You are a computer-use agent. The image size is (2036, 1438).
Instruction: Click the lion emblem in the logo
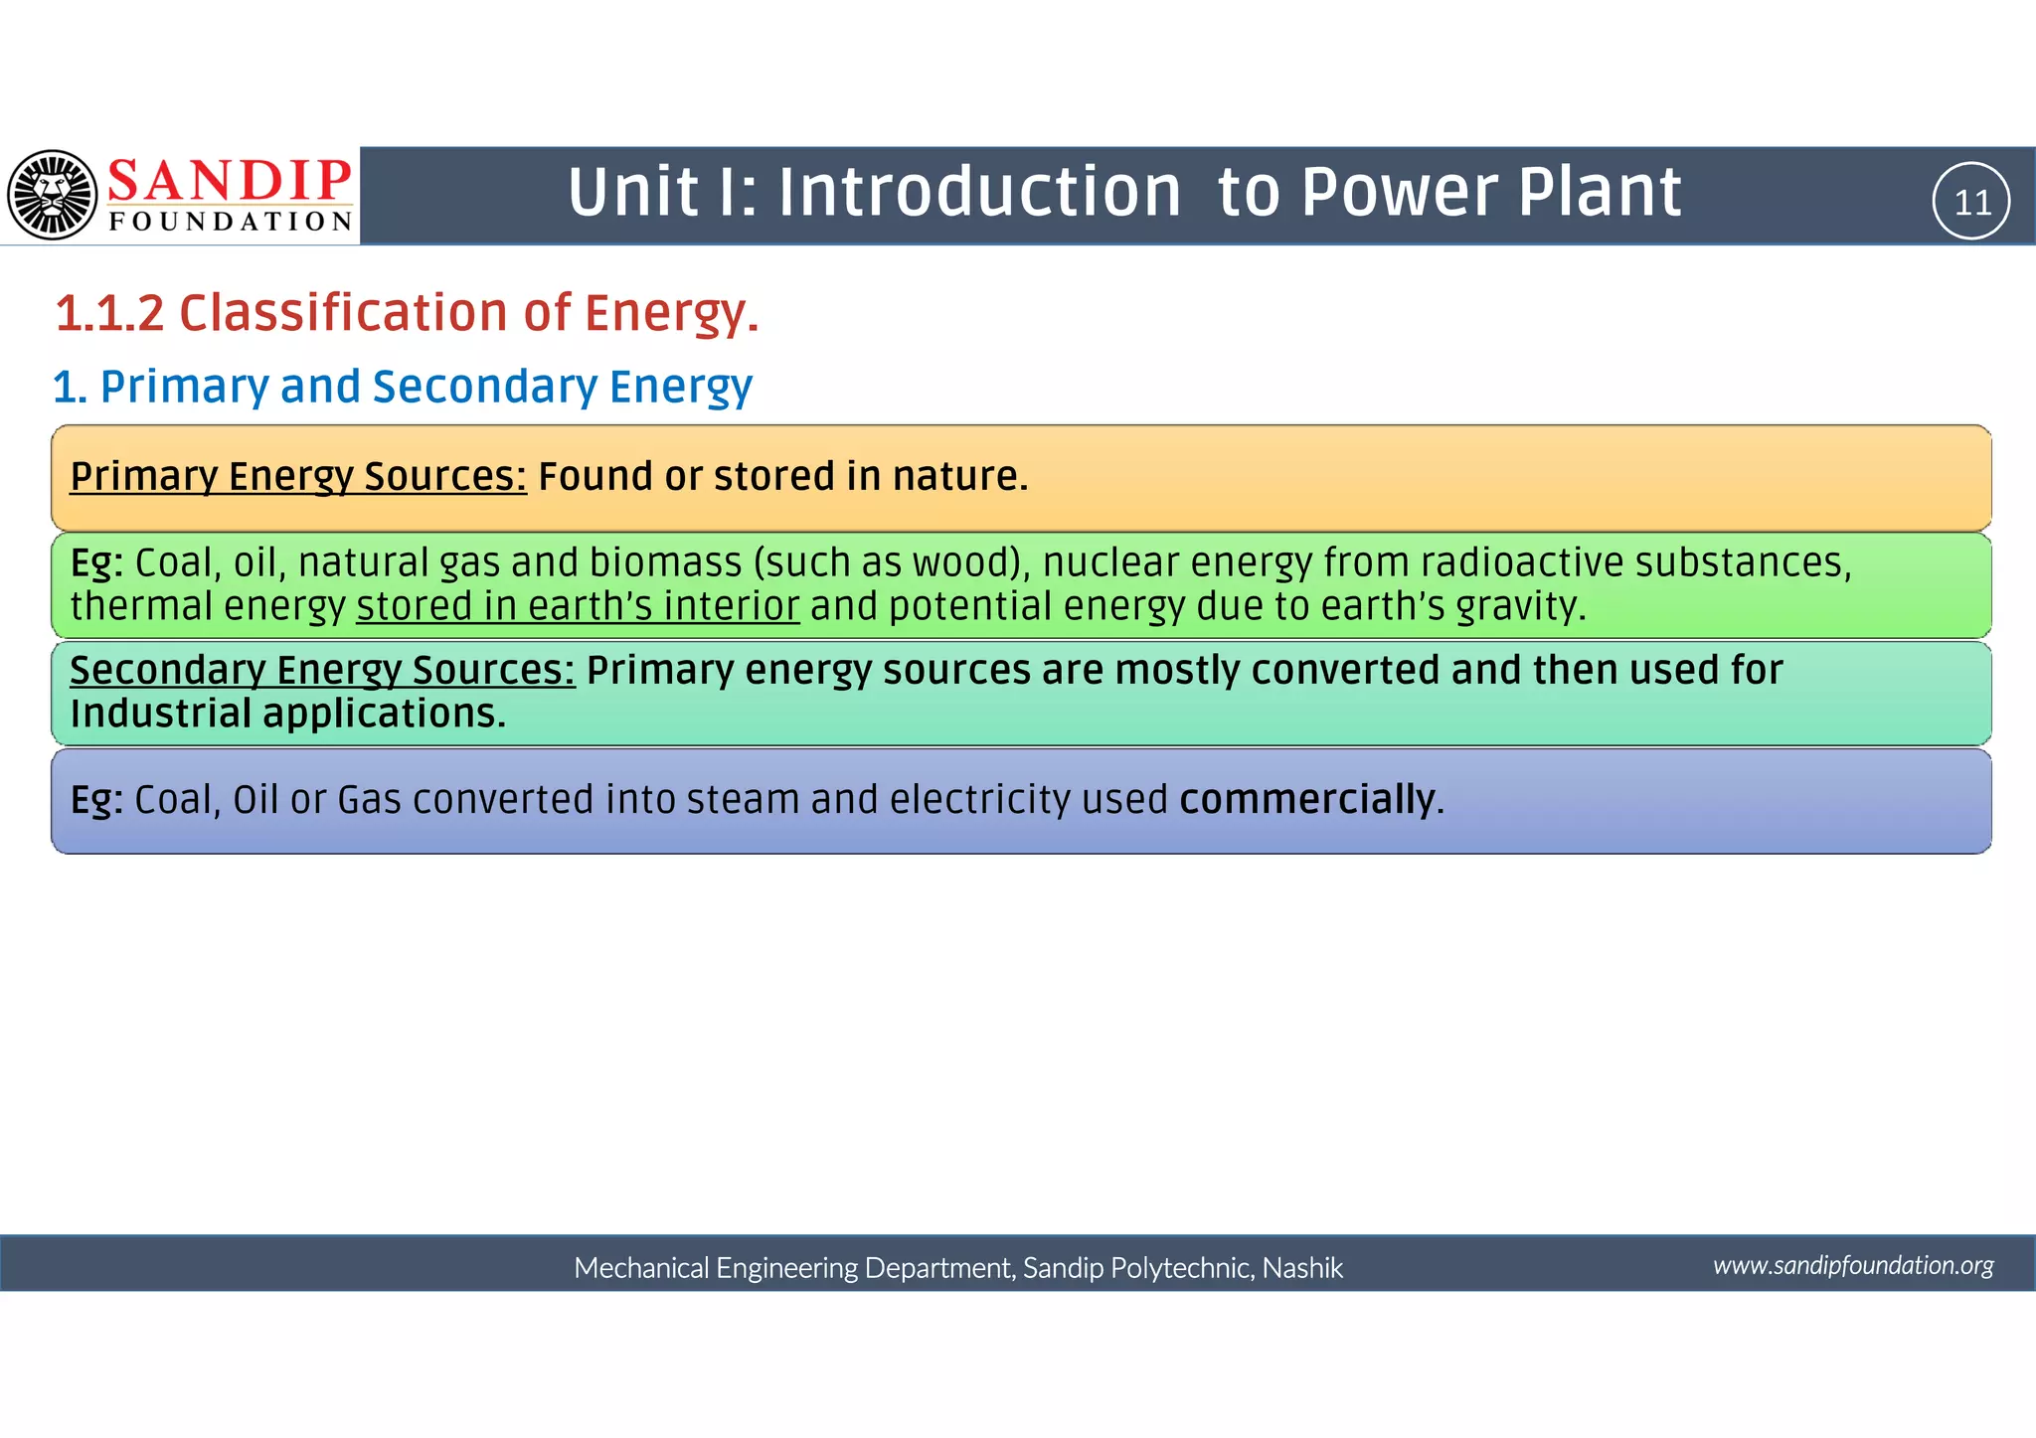point(53,195)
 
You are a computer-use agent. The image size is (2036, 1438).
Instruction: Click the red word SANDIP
point(229,181)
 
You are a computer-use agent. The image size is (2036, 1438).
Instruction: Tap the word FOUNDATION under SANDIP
point(231,222)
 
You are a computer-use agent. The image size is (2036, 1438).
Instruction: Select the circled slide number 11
point(1971,202)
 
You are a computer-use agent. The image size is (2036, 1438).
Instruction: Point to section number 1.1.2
point(109,313)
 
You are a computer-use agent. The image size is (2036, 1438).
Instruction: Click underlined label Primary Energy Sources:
point(298,476)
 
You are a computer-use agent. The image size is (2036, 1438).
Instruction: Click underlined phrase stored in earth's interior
point(578,606)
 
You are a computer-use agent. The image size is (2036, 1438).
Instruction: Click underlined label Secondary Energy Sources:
point(322,670)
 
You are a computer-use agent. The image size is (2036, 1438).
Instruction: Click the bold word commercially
point(1307,799)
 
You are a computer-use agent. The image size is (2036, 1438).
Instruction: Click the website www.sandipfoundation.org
point(1853,1265)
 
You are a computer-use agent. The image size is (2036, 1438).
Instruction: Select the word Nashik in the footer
point(1302,1268)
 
